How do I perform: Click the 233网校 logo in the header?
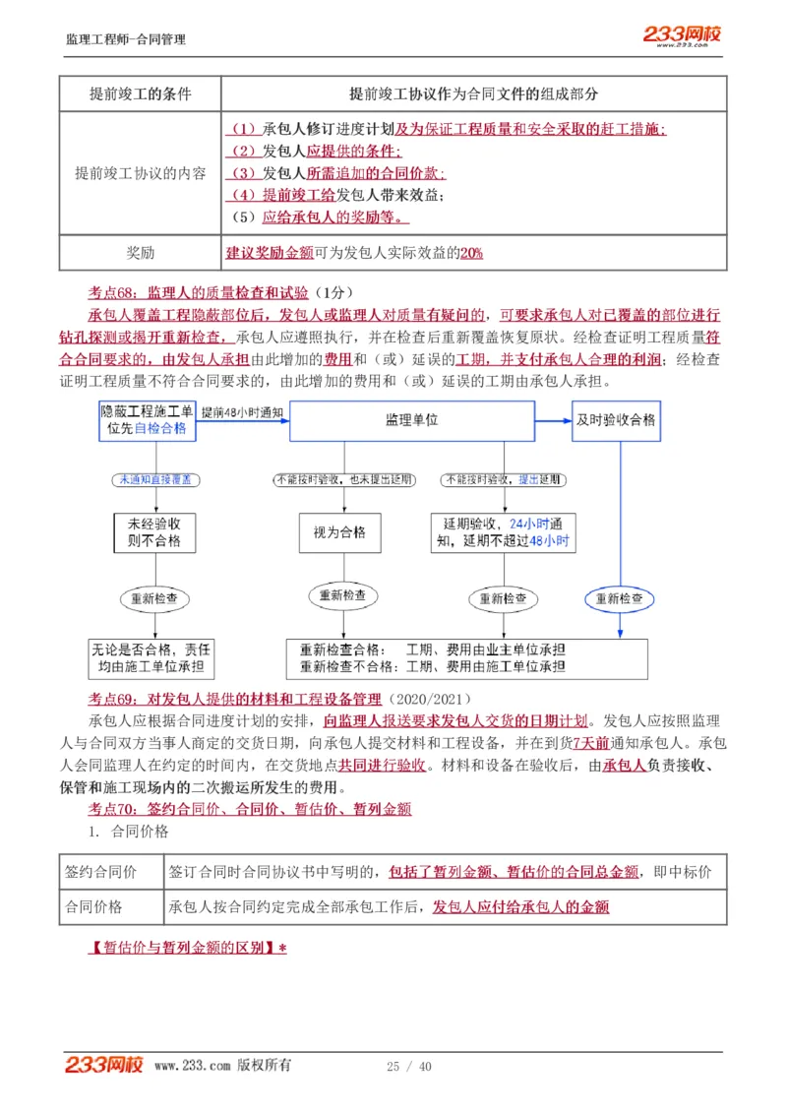tap(682, 35)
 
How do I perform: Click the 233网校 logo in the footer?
tap(103, 1065)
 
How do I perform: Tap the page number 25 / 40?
tap(409, 1067)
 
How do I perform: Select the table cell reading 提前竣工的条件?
tap(140, 94)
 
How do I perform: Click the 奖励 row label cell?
tap(140, 253)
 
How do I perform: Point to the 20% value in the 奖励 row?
tap(471, 253)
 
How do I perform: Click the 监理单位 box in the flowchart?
tap(411, 420)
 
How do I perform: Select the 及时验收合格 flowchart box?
tap(617, 420)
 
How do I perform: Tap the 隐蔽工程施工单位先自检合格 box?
tap(148, 420)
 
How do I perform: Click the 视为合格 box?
tap(339, 531)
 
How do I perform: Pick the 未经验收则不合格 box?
tap(153, 532)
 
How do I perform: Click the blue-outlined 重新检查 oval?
tap(620, 598)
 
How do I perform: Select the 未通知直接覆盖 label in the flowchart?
tap(154, 479)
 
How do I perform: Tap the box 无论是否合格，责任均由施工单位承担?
tap(151, 658)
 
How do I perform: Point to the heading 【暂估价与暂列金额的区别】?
tap(187, 949)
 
